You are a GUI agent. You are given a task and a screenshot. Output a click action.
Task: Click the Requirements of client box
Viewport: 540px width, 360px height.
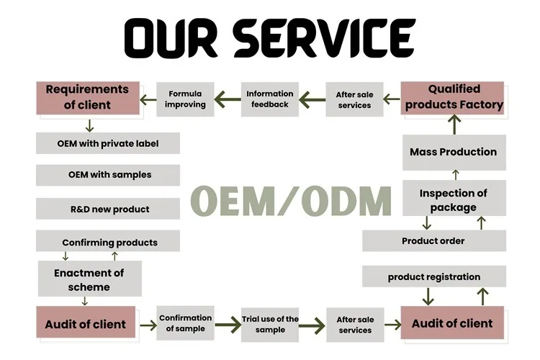(x=88, y=98)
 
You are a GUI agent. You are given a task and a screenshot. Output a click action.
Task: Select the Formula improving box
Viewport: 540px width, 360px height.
(x=185, y=99)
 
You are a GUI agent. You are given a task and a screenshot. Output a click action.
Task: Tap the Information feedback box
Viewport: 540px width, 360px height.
(x=270, y=99)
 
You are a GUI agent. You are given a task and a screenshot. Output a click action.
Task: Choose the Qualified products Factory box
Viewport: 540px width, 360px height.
(x=452, y=98)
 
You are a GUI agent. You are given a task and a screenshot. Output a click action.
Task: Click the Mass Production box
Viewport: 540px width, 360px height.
(x=454, y=152)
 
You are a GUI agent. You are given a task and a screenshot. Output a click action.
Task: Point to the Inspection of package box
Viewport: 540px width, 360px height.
(x=454, y=198)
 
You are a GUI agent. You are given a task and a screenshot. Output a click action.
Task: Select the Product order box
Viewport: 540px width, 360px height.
(x=434, y=240)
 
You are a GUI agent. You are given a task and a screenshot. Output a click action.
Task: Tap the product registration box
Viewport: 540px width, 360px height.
(x=434, y=276)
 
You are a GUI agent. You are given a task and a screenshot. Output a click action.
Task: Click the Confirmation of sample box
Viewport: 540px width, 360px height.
(x=185, y=323)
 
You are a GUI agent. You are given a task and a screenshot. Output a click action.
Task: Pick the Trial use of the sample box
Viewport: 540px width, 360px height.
(x=270, y=325)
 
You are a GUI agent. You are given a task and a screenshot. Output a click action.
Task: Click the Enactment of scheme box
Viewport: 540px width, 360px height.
(x=90, y=279)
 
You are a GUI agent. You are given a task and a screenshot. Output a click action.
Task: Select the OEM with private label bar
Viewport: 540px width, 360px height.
(x=108, y=143)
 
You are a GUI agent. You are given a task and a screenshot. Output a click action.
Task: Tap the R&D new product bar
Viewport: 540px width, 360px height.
(x=108, y=209)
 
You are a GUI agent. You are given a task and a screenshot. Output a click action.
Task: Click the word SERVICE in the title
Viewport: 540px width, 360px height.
(x=325, y=38)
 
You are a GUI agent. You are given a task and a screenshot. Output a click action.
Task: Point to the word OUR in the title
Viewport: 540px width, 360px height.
(x=171, y=38)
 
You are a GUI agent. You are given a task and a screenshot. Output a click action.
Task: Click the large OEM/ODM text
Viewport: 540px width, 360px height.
(x=291, y=201)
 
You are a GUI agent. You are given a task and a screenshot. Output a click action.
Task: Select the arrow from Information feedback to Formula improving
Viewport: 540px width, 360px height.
(x=228, y=99)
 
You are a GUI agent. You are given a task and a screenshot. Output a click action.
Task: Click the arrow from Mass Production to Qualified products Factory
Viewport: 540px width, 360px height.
(x=454, y=125)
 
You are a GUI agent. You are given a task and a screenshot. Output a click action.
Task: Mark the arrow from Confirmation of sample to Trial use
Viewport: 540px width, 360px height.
(x=228, y=325)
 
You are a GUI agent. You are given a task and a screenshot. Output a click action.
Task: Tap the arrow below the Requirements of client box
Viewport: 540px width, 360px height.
(x=89, y=126)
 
